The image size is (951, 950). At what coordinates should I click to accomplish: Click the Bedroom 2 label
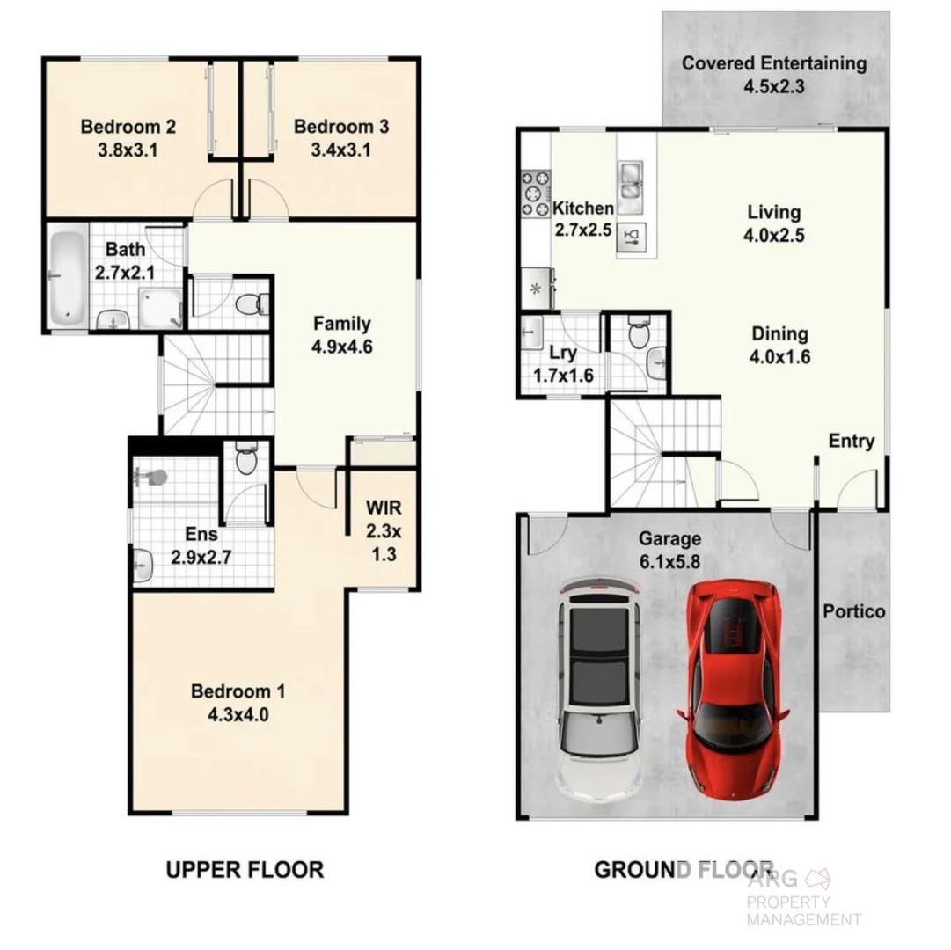[x=128, y=127]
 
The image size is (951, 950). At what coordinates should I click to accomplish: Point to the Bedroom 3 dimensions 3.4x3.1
[x=340, y=150]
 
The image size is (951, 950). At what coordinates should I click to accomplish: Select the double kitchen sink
[x=630, y=179]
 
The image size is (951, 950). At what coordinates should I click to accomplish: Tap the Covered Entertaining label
[x=774, y=63]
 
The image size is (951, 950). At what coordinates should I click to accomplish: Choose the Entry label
[x=852, y=441]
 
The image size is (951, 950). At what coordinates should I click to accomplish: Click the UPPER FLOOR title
[x=245, y=870]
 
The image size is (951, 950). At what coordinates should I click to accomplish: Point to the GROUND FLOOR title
[x=684, y=870]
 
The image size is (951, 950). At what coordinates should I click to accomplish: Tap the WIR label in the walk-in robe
[x=383, y=508]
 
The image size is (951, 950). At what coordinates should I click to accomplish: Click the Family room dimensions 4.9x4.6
[x=341, y=347]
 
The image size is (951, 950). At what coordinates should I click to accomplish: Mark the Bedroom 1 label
[x=238, y=691]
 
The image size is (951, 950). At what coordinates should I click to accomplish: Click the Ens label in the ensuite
[x=195, y=533]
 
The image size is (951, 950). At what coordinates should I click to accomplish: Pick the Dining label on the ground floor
[x=779, y=333]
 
